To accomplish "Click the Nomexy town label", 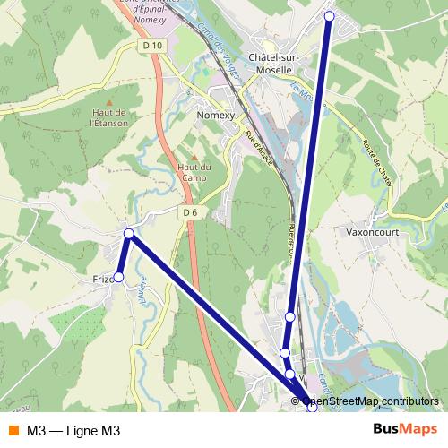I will (215, 115).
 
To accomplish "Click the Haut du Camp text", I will (194, 172).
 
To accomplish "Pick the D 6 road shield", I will (189, 212).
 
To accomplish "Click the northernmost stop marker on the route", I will (329, 16).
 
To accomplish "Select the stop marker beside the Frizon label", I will (118, 277).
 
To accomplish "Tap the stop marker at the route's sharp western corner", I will (129, 234).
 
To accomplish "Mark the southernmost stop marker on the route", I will (312, 407).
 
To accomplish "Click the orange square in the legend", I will (13, 431).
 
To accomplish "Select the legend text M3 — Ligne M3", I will (73, 431).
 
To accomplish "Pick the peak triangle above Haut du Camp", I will (193, 153).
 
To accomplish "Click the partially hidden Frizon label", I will (101, 279).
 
